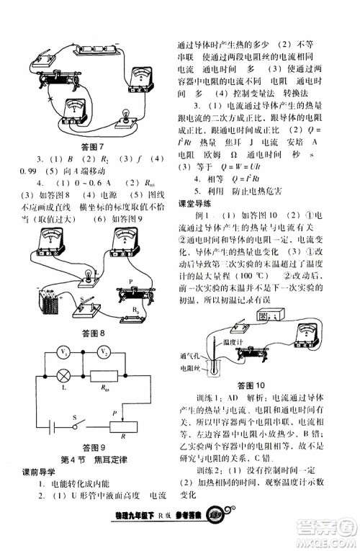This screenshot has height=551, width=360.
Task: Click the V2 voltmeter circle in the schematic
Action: tap(104, 353)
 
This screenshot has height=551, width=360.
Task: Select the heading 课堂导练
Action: tap(195, 204)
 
